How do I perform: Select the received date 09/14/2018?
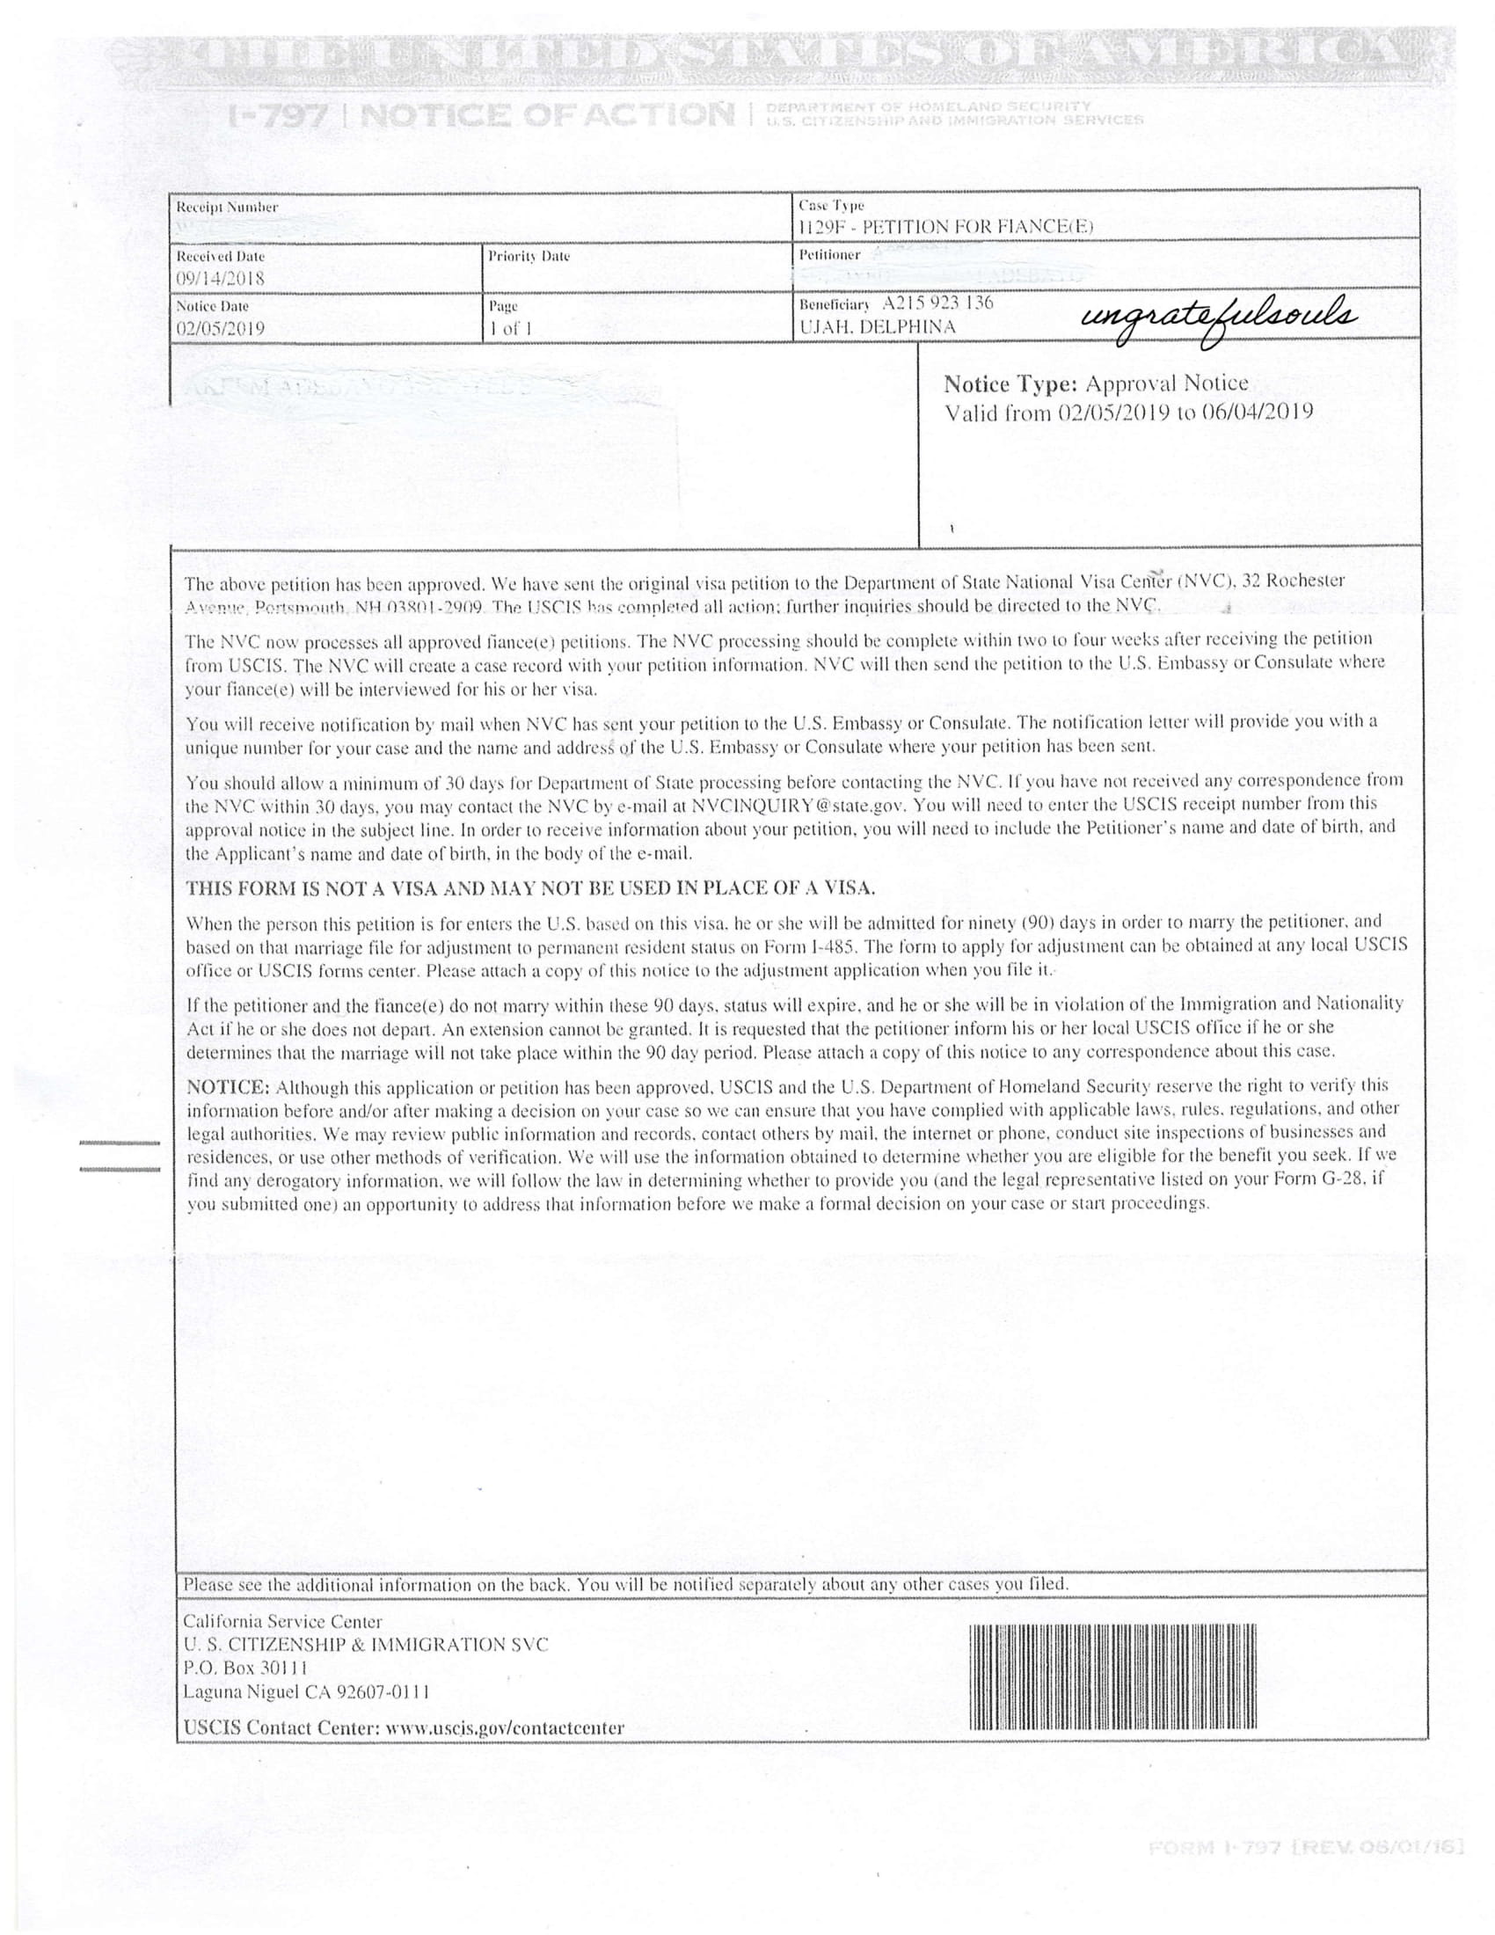tap(220, 278)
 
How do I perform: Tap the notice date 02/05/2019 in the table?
tap(220, 328)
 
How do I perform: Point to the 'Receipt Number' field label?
tap(227, 208)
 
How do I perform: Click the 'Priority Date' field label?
tap(529, 256)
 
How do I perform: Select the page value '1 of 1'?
tap(510, 328)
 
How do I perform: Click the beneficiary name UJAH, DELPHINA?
tap(877, 326)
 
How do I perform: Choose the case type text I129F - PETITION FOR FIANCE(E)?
tap(945, 226)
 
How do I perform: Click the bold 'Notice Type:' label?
tap(1010, 383)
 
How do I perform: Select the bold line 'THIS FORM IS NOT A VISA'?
tap(530, 887)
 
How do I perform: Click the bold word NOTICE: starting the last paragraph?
tap(227, 1087)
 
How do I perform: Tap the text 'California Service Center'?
tap(281, 1622)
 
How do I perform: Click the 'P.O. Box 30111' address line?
tap(245, 1668)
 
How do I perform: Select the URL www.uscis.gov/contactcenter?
tap(506, 1727)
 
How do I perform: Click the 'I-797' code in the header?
tap(279, 114)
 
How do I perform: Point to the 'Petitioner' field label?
tap(829, 254)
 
